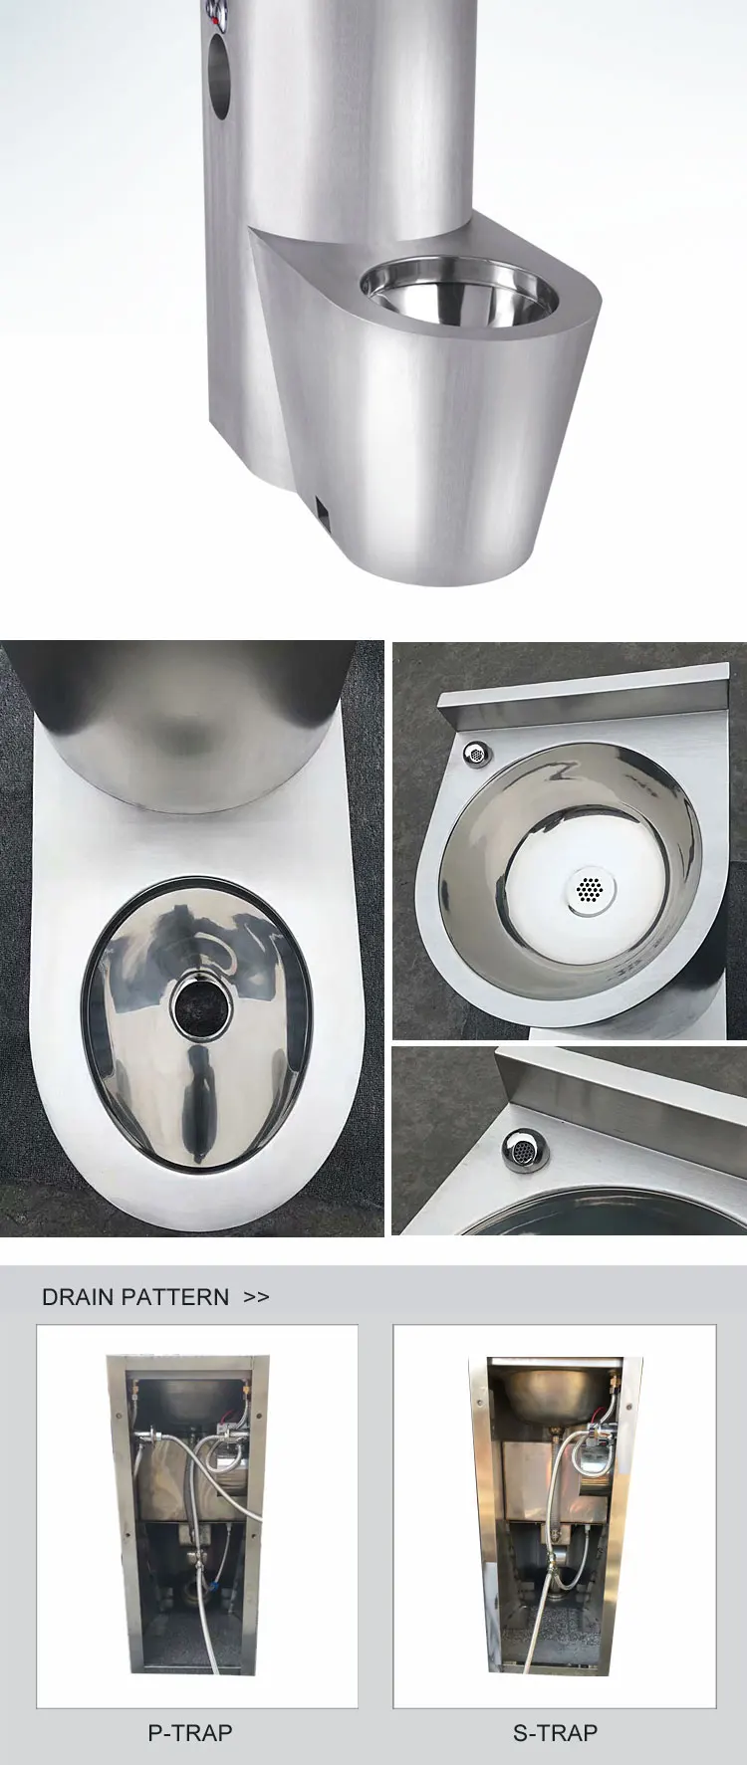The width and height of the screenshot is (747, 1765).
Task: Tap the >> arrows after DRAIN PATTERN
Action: (x=256, y=1297)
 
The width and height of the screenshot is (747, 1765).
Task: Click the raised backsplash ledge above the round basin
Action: (x=578, y=701)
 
